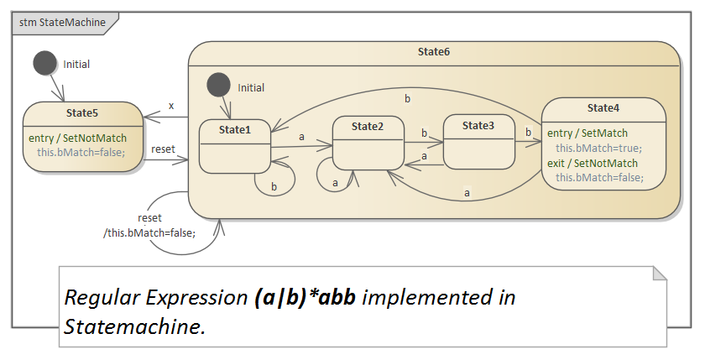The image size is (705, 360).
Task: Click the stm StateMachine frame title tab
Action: click(62, 23)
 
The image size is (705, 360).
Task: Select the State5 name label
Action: click(82, 112)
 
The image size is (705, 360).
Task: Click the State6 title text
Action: click(433, 52)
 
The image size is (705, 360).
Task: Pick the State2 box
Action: click(368, 143)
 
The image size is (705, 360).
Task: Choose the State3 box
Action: click(478, 142)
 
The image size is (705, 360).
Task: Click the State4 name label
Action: click(603, 107)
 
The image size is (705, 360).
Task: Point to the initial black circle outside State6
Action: click(45, 63)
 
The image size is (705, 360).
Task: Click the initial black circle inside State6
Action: click(219, 86)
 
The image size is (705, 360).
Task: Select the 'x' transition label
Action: click(171, 106)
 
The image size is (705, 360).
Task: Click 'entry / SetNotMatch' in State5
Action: click(79, 138)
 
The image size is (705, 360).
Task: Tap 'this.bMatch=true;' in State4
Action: click(598, 148)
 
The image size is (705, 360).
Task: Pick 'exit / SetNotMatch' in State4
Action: click(592, 163)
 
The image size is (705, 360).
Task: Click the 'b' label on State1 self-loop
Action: click(274, 186)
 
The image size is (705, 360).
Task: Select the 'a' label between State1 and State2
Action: click(301, 136)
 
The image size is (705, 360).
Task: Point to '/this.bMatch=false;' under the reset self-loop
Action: click(149, 232)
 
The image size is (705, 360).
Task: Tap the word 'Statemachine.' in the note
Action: click(134, 326)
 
